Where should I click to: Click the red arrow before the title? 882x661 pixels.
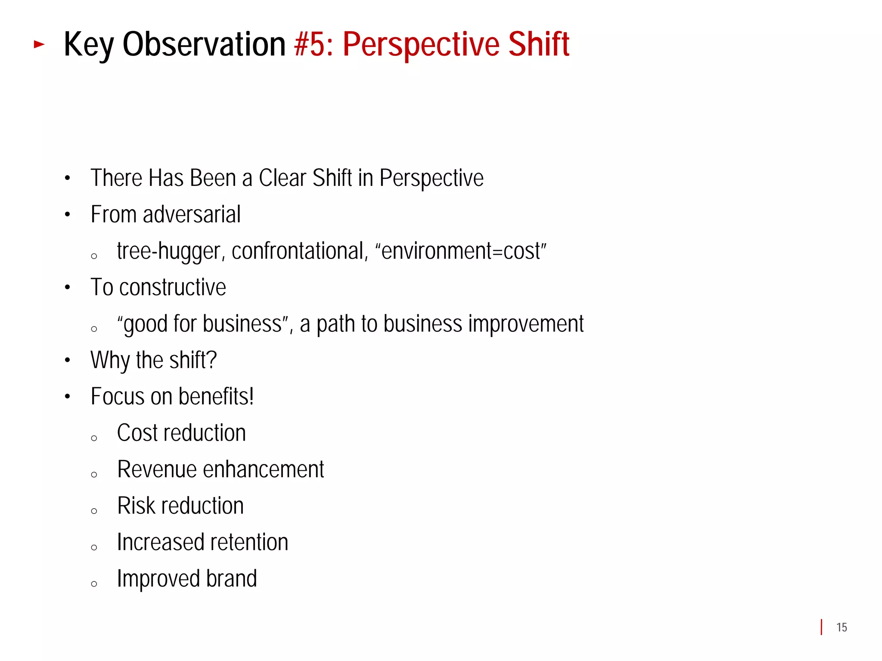point(39,44)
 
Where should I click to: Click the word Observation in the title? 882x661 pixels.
point(204,44)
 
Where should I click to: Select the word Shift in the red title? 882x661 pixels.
point(538,44)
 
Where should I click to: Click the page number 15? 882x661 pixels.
point(842,627)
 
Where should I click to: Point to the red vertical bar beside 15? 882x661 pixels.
point(822,627)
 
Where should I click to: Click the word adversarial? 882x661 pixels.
point(192,214)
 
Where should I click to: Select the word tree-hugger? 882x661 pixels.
point(168,251)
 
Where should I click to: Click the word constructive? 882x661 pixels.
point(172,287)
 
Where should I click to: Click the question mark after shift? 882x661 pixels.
point(211,360)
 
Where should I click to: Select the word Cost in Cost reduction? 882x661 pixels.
point(137,433)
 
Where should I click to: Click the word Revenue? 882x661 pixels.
point(156,469)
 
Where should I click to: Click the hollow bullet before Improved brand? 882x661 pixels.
point(94,584)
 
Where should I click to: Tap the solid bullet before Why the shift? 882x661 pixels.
point(67,360)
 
